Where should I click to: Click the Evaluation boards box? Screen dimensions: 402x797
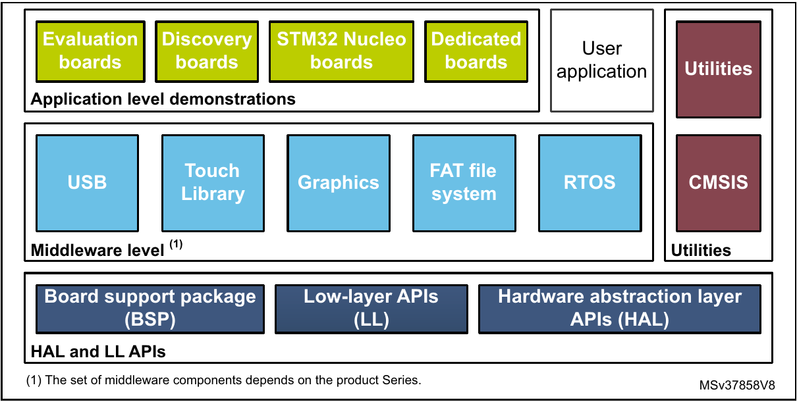(x=90, y=51)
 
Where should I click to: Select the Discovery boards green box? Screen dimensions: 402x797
(x=206, y=51)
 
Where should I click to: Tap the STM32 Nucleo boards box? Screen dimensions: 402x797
(x=341, y=51)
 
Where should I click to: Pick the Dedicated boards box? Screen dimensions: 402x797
(x=476, y=51)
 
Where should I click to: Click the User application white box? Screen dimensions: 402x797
(x=601, y=60)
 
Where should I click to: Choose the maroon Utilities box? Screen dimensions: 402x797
(x=718, y=69)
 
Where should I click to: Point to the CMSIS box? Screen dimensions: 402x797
(x=718, y=182)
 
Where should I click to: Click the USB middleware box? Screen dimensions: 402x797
(x=87, y=182)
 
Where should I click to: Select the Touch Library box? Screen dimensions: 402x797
(x=213, y=182)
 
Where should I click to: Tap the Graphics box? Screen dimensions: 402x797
(x=338, y=182)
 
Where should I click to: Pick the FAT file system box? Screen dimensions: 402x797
(x=464, y=182)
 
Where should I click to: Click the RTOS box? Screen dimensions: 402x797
(x=590, y=182)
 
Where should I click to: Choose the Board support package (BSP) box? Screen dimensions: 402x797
(x=150, y=308)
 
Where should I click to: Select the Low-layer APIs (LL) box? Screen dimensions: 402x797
(x=371, y=308)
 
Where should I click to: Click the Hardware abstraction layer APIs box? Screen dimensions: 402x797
(x=619, y=308)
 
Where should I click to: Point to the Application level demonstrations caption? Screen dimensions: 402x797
(x=163, y=99)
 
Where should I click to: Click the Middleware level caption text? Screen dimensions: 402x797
(x=97, y=250)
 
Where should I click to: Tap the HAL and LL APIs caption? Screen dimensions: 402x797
(x=98, y=352)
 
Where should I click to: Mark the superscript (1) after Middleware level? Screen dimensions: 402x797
(x=176, y=245)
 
